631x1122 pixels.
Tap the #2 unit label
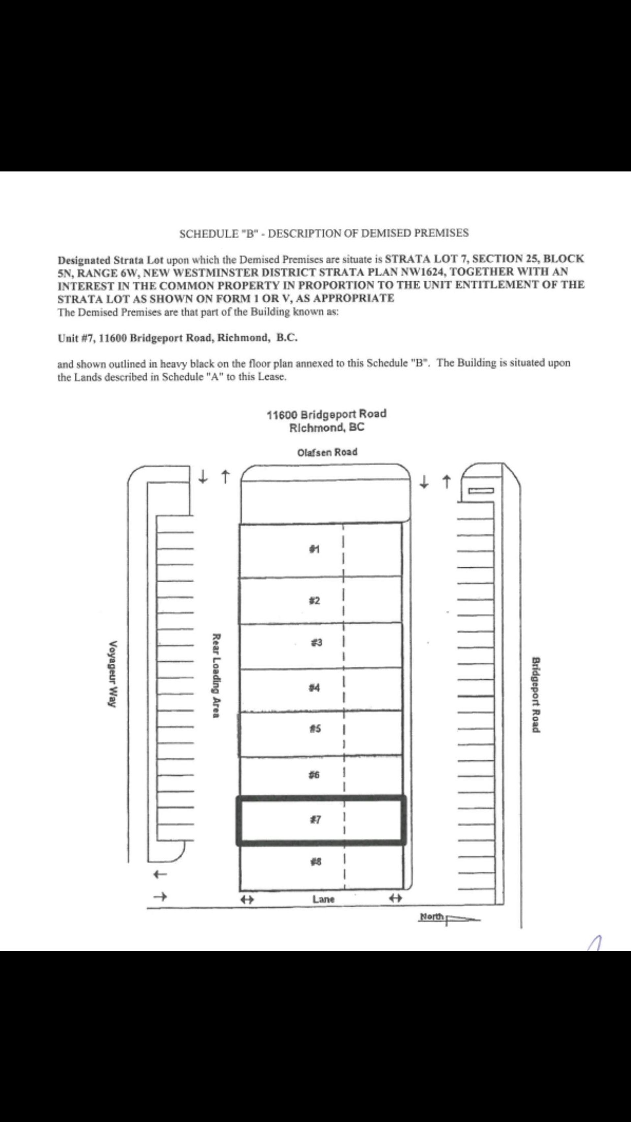(315, 601)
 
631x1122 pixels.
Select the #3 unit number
(316, 643)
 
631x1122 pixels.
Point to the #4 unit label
(315, 688)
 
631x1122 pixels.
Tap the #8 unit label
(315, 862)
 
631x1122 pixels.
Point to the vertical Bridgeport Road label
(536, 694)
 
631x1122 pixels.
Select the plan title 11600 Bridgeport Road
(326, 414)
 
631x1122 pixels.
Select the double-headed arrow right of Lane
(395, 898)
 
